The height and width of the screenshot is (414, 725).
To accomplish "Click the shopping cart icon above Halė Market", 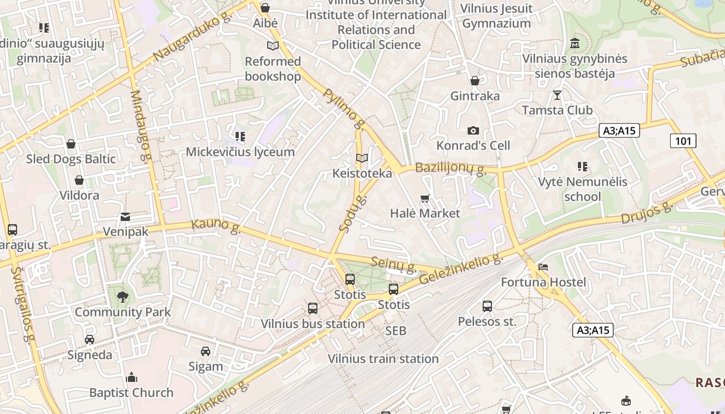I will point(425,198).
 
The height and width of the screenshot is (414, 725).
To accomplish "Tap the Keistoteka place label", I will point(362,173).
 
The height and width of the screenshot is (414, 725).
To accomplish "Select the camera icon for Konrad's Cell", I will point(473,130).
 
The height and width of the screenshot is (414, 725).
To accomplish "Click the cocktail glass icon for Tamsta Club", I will point(557,95).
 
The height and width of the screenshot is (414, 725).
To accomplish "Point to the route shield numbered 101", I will point(683,141).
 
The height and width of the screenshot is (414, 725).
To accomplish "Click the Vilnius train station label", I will point(383,359).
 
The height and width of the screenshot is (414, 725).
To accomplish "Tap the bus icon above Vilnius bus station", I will point(313,308).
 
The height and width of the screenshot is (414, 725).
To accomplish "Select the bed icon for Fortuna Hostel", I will point(543,267).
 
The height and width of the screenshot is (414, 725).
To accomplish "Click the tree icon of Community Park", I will point(123,297).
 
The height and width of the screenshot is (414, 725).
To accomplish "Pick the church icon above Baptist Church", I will point(132,377).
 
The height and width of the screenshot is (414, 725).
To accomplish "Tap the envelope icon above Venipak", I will point(125,217).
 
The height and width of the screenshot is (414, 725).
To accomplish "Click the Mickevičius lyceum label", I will point(240,152).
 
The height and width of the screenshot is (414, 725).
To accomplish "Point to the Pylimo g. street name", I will point(343,109).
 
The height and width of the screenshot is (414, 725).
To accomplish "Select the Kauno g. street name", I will point(216,226).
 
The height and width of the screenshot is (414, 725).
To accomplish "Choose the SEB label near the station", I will point(396,331).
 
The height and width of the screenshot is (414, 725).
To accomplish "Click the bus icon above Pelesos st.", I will point(487,306).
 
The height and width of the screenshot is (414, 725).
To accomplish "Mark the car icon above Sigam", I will point(206,351).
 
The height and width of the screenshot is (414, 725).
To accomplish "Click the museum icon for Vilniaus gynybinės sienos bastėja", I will point(574,43).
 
